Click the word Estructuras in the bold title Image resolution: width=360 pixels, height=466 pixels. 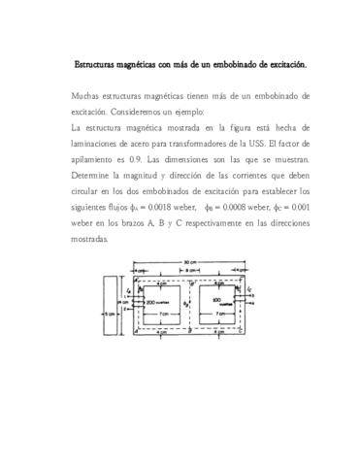pos(97,65)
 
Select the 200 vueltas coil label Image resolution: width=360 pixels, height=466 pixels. pos(158,302)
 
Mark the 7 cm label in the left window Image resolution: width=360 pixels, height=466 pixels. pos(166,315)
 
